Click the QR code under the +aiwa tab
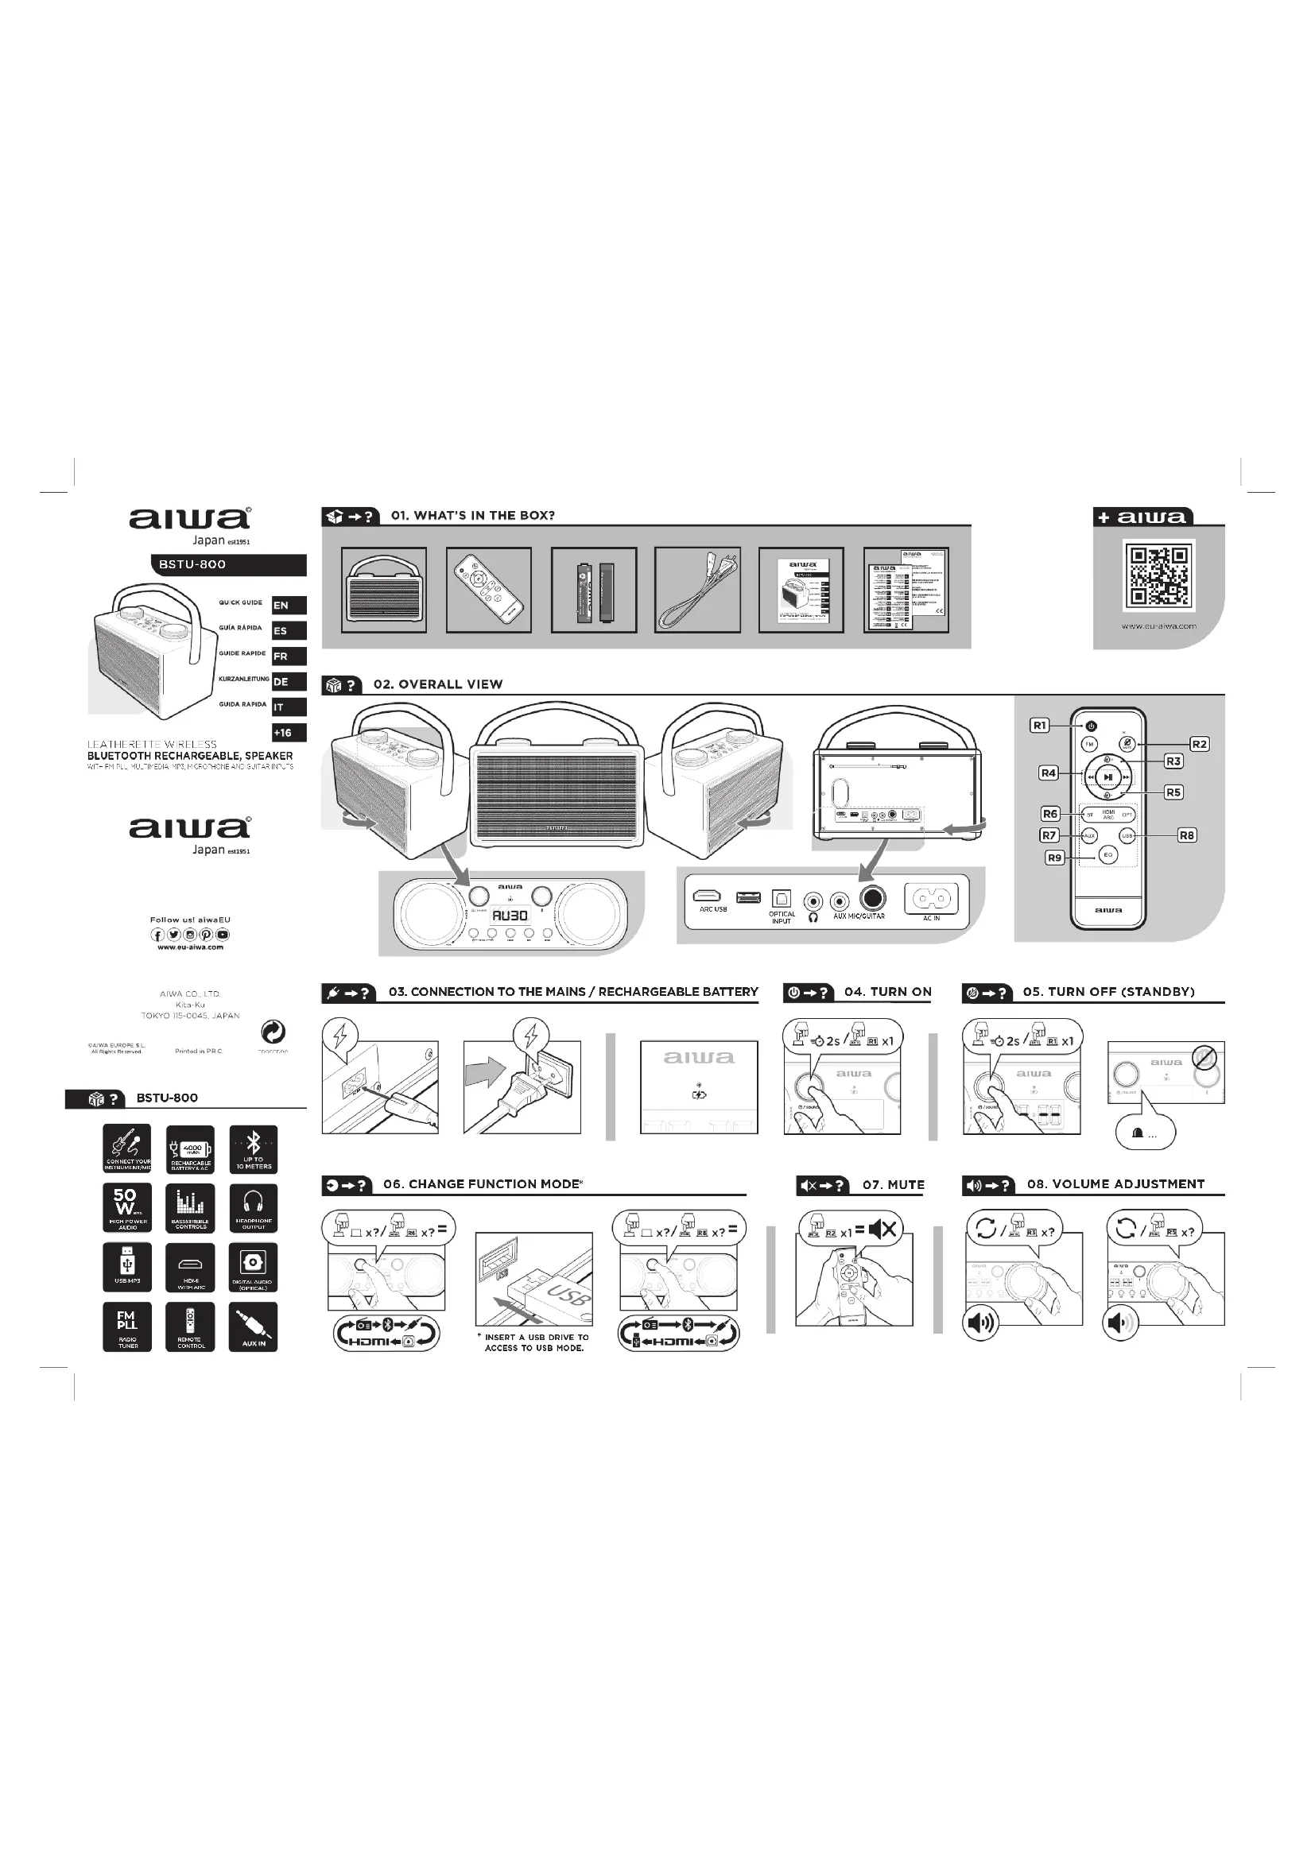(1158, 575)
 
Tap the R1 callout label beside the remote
(1040, 726)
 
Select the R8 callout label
(1186, 835)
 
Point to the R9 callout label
(1054, 858)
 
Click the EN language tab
(289, 605)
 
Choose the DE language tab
(289, 682)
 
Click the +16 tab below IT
(289, 733)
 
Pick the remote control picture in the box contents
(488, 590)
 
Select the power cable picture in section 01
(697, 590)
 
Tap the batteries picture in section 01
(594, 590)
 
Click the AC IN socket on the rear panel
(931, 899)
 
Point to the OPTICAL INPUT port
(782, 899)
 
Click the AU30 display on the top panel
(510, 916)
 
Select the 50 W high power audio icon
(127, 1207)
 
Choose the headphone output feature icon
(254, 1207)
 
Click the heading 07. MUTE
(893, 1184)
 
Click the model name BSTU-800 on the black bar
(192, 564)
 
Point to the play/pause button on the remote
(1108, 777)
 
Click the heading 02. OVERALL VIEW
(438, 684)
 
